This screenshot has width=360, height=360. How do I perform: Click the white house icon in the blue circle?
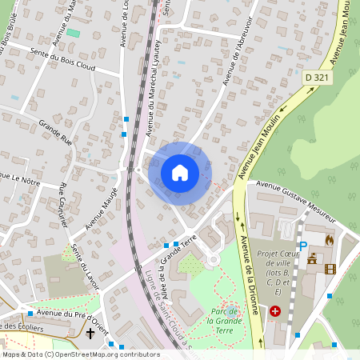180,172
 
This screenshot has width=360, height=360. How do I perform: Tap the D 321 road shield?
318,77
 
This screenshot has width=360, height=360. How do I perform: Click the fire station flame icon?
328,238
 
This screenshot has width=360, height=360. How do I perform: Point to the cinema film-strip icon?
330,269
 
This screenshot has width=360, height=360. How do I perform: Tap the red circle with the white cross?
275,310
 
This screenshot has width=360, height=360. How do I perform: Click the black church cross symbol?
90,332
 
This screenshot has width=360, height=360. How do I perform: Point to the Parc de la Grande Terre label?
230,315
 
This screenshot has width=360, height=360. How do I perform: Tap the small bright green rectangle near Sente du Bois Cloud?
73,33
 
